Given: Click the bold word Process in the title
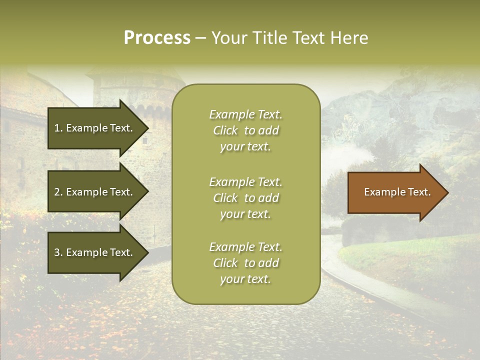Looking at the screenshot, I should point(157,38).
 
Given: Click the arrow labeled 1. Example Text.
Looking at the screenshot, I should point(95,128).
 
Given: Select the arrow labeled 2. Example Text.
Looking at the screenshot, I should point(95,192).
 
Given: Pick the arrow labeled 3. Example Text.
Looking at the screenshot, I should point(95,252).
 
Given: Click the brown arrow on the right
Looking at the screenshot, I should point(395,192).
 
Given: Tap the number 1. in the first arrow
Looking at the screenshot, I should point(58,128).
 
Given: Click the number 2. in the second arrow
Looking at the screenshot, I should point(58,192).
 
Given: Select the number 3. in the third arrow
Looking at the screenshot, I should point(58,252).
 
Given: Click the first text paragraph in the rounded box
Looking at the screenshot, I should point(245,130).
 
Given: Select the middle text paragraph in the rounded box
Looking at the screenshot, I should point(245,198).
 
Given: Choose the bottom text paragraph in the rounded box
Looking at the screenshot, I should point(245,263).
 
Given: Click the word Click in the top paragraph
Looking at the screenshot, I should point(225,130).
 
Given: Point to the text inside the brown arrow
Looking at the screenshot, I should point(397,192).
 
